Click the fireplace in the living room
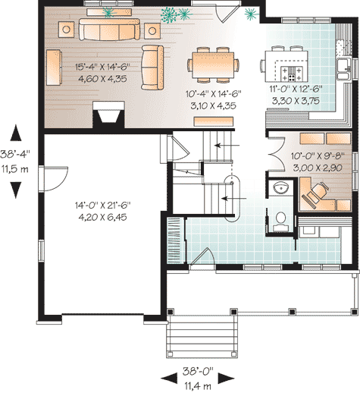tap(108, 115)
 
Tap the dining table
tap(213, 64)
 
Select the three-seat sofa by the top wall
tap(109, 30)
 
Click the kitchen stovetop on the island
tap(292, 74)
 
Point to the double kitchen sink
tap(343, 69)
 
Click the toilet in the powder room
tap(280, 221)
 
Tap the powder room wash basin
tap(280, 188)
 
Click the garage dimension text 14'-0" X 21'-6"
tap(102, 205)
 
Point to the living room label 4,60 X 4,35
tap(102, 79)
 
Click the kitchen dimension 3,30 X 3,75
tap(296, 101)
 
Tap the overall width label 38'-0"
tap(198, 371)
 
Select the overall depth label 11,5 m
tap(15, 169)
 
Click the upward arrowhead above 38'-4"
tap(16, 133)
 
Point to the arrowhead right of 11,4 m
tap(227, 379)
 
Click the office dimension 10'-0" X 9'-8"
tap(318, 156)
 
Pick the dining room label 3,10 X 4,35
tap(214, 105)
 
